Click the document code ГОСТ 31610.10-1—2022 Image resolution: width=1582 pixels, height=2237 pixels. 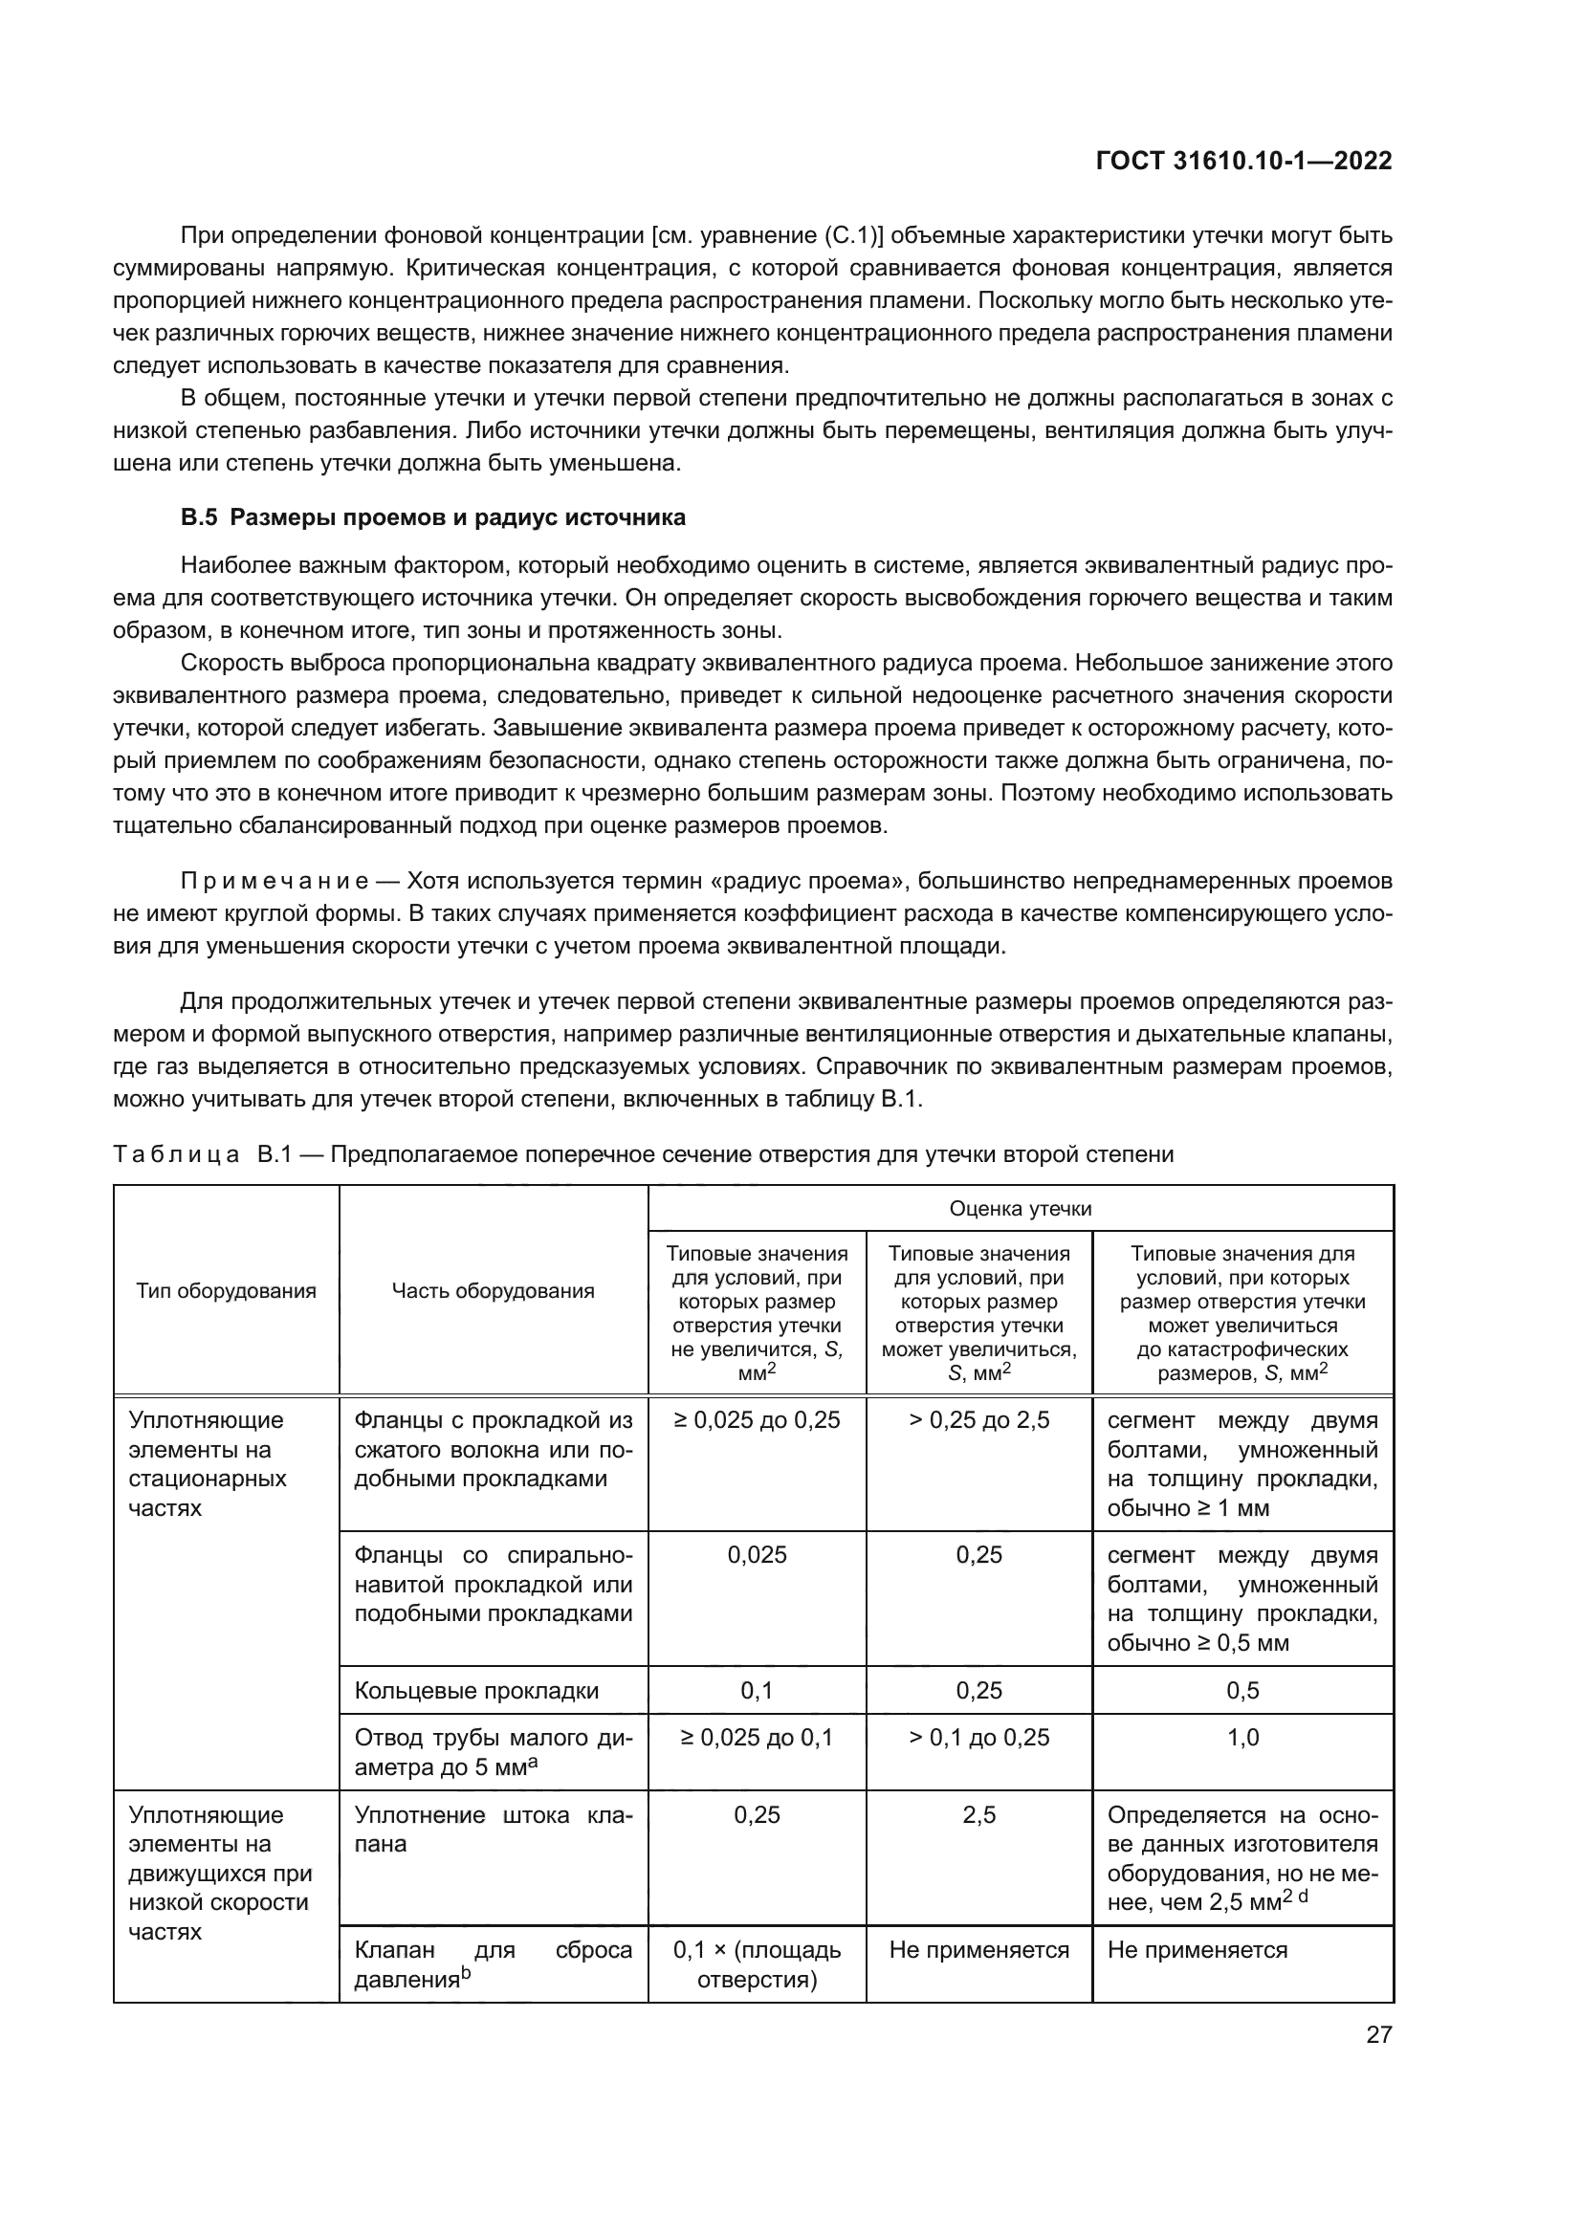[1244, 161]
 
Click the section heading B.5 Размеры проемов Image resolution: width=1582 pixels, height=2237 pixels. [433, 517]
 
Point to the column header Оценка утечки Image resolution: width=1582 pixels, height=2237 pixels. [1020, 1209]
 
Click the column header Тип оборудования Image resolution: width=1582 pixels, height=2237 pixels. [226, 1291]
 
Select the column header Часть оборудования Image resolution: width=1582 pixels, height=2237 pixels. [493, 1291]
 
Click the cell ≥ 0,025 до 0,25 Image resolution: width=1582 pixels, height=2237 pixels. [757, 1420]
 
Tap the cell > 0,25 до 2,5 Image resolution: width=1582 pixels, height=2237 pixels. [979, 1420]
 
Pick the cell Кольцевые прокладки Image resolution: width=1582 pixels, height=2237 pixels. [476, 1690]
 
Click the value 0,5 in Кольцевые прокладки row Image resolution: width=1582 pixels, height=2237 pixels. [1243, 1690]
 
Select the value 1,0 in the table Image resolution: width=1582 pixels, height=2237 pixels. [1243, 1738]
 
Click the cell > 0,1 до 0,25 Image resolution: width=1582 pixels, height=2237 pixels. [979, 1738]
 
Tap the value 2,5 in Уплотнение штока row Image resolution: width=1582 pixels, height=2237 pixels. [979, 1815]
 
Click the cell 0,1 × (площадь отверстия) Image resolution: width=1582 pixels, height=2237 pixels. [757, 1964]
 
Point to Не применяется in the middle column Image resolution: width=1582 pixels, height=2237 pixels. [979, 1950]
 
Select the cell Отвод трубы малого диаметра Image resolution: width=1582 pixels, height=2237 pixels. [493, 1752]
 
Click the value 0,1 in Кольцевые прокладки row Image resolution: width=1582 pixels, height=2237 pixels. [757, 1690]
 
